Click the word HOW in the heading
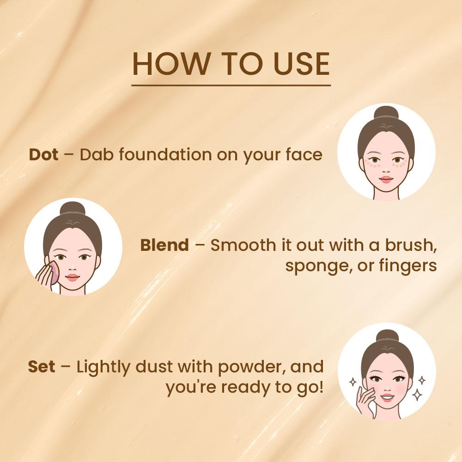pos(170,64)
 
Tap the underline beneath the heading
pos(231,85)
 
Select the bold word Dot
pos(43,154)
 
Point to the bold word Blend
pos(164,245)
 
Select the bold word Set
pos(42,366)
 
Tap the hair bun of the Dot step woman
pos(386,112)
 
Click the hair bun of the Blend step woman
pos(73,208)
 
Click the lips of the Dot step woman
pos(386,179)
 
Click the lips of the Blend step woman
pos(72,278)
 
